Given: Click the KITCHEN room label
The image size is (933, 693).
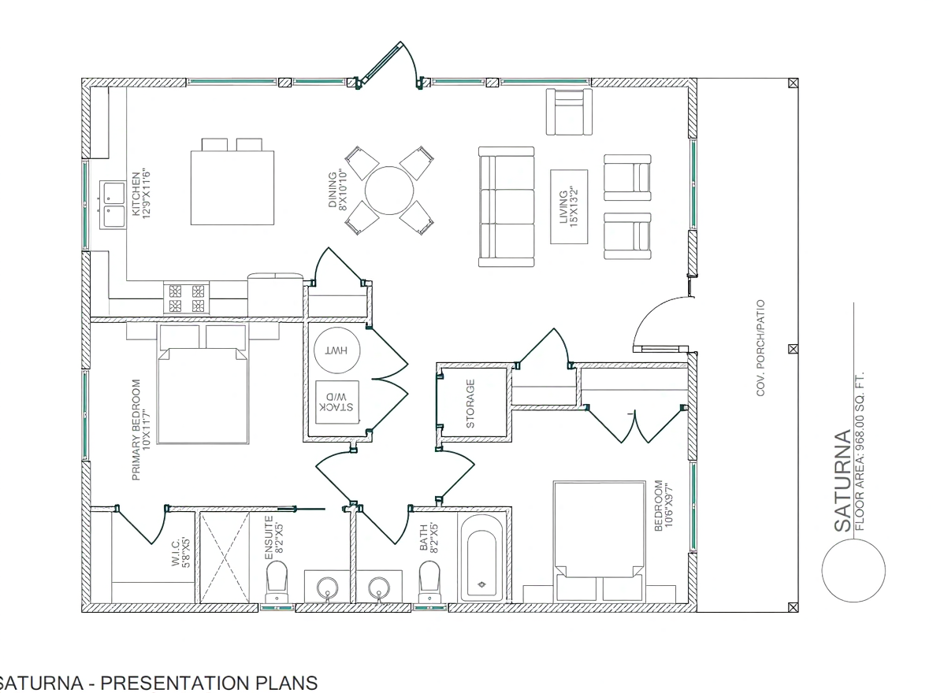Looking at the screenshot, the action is pyautogui.click(x=136, y=195).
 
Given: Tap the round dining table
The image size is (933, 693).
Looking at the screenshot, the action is pyautogui.click(x=389, y=191).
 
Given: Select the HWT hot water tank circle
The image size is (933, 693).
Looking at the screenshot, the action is pyautogui.click(x=336, y=350).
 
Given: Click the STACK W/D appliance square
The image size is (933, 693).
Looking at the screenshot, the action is pyautogui.click(x=336, y=402).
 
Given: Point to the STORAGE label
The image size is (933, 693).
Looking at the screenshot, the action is pyautogui.click(x=470, y=404).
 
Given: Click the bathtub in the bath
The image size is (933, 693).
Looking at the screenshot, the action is pyautogui.click(x=481, y=556).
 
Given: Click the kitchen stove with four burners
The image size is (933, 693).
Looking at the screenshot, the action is pyautogui.click(x=186, y=298).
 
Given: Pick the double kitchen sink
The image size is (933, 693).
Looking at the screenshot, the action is pyautogui.click(x=113, y=205).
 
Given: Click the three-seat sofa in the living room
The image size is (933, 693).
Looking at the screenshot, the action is pyautogui.click(x=507, y=206).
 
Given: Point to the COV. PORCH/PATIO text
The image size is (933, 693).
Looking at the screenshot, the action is pyautogui.click(x=760, y=348).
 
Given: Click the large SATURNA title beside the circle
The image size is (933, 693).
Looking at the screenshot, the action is pyautogui.click(x=842, y=480).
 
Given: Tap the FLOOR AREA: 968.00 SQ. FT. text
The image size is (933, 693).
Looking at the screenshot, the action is pyautogui.click(x=859, y=451).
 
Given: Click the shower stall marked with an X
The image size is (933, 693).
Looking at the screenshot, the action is pyautogui.click(x=225, y=556).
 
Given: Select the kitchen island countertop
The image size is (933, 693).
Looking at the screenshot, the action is pyautogui.click(x=232, y=187).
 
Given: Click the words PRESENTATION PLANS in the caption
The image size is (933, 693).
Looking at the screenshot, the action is pyautogui.click(x=213, y=682).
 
